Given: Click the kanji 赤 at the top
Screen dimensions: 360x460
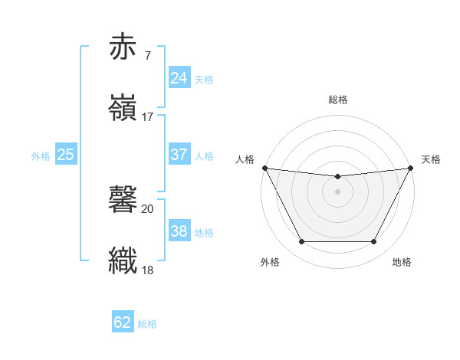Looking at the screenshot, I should pyautogui.click(x=124, y=47).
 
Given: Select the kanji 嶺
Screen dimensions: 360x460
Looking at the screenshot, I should pyautogui.click(x=124, y=108).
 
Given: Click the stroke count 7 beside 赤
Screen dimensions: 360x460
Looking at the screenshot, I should pyautogui.click(x=147, y=55).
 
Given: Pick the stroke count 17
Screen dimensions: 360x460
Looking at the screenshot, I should pyautogui.click(x=148, y=116).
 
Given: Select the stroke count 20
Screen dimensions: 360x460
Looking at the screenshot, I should pyautogui.click(x=148, y=208).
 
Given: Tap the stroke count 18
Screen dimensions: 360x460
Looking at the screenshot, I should pyautogui.click(x=148, y=270).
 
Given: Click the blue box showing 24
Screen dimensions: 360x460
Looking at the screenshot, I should pyautogui.click(x=179, y=77).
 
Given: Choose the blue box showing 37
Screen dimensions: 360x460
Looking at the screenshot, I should pyautogui.click(x=179, y=155).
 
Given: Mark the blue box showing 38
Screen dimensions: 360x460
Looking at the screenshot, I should pyautogui.click(x=179, y=231).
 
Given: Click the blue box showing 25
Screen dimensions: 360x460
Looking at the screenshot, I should pyautogui.click(x=66, y=155).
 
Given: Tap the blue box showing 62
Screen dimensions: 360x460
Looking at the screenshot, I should pyautogui.click(x=123, y=322).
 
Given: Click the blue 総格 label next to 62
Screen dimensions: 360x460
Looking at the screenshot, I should pyautogui.click(x=147, y=324).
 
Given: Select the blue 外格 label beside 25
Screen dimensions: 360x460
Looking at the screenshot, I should pyautogui.click(x=41, y=156).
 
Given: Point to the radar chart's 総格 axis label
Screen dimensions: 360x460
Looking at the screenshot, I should pyautogui.click(x=338, y=100).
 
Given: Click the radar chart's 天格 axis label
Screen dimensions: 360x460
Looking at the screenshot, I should pyautogui.click(x=431, y=159).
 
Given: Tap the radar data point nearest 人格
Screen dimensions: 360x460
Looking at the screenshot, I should pyautogui.click(x=264, y=168).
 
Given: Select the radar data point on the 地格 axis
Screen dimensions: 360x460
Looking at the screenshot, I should pyautogui.click(x=374, y=242).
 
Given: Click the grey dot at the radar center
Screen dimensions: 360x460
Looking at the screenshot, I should pyautogui.click(x=338, y=191).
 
